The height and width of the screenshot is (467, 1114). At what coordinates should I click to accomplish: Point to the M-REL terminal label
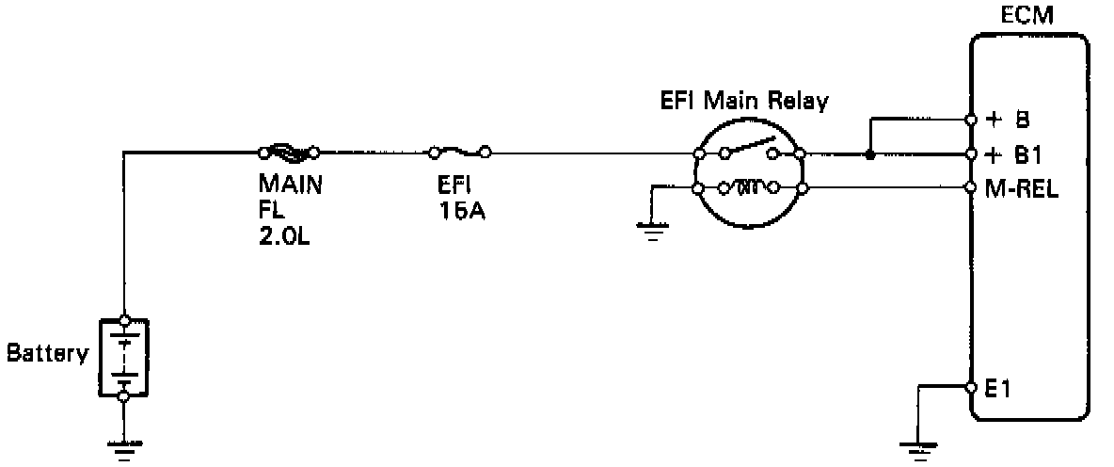coord(1020,188)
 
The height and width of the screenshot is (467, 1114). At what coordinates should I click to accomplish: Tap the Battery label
coord(47,355)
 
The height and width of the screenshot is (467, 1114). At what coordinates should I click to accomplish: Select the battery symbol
coord(123,359)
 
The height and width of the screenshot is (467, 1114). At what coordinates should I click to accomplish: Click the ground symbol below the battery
coord(123,448)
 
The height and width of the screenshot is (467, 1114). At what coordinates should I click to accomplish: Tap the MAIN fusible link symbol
coord(288,151)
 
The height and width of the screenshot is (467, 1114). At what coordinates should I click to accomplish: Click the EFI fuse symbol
coord(459,151)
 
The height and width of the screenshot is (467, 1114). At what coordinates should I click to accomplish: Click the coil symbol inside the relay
coord(747,188)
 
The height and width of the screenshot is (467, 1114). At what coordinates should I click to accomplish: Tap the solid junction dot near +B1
coord(870,153)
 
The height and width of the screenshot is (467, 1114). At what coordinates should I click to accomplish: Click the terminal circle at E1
coord(970,387)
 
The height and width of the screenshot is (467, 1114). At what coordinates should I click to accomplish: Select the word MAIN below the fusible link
coord(291,185)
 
